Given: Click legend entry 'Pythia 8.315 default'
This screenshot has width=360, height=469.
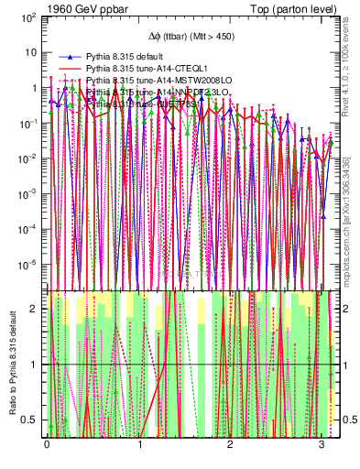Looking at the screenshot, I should coord(124,56).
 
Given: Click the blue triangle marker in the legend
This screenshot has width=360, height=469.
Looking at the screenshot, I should coord(65,56).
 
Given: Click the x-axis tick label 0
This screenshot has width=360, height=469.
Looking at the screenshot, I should coord(47,442).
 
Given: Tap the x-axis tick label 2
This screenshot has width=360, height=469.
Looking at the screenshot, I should coord(230,442).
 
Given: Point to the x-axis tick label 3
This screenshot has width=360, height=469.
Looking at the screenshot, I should coord(322,442).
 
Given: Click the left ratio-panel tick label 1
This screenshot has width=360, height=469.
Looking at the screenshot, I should coord(36,365).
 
